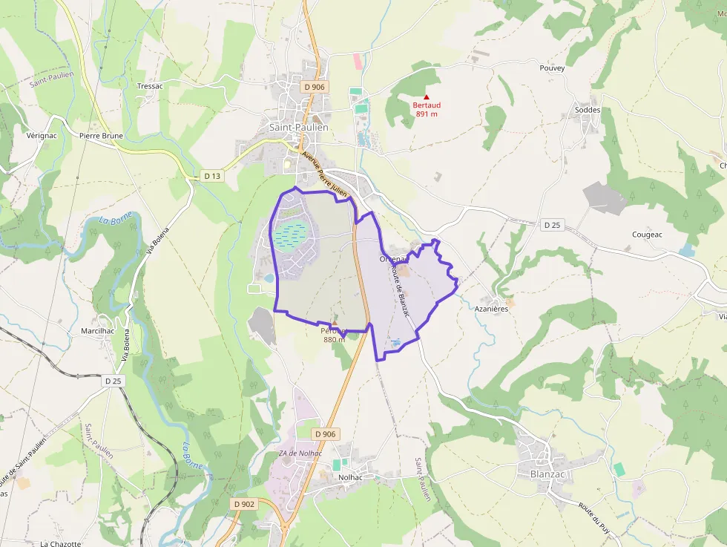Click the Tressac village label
click(150, 86)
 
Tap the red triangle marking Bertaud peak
click(426, 96)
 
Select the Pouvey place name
click(552, 68)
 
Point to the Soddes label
click(588, 110)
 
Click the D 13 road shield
click(212, 176)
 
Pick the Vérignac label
click(42, 137)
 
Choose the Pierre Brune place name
click(101, 137)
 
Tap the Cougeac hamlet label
click(646, 235)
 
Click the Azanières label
click(492, 309)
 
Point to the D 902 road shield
click(244, 504)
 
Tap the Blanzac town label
click(547, 474)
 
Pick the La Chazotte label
click(60, 543)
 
